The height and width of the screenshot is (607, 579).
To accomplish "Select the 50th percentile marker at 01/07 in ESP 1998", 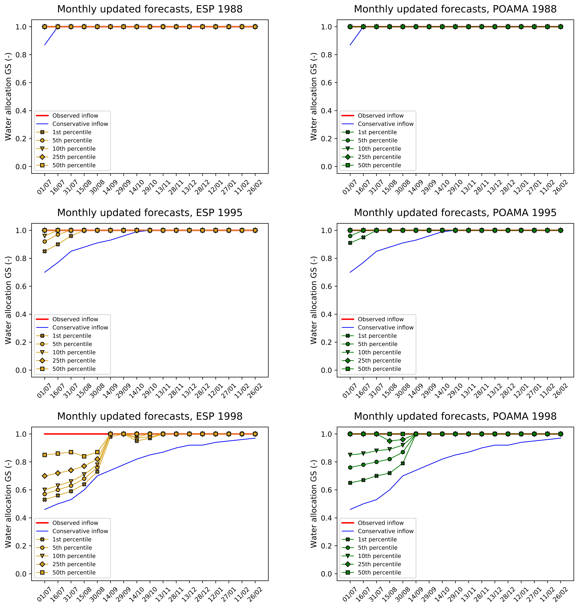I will click(45, 455).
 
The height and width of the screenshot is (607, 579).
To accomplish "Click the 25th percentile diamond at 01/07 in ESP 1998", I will click(45, 476).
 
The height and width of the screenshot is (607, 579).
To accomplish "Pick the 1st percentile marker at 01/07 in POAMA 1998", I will click(350, 483).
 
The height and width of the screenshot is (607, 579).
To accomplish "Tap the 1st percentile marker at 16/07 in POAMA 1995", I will click(363, 237).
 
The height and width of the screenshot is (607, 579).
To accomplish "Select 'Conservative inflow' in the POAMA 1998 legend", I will click(385, 531).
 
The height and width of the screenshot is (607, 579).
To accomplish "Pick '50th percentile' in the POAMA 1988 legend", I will click(379, 165).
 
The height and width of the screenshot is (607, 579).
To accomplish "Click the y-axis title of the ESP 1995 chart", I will click(8, 300).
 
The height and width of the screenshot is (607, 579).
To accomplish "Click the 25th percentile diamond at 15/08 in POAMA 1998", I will click(389, 441).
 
